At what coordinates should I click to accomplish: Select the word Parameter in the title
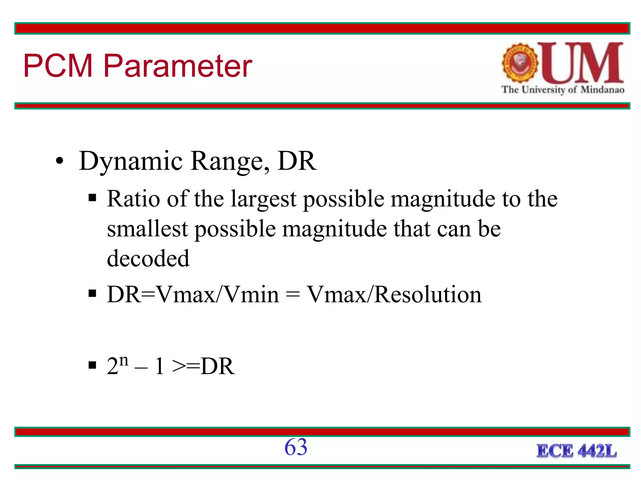(x=177, y=66)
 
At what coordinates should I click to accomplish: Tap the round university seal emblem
(x=520, y=63)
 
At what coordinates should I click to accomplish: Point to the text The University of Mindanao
(x=563, y=90)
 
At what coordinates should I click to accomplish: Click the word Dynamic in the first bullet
(x=131, y=161)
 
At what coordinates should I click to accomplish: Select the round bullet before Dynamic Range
(x=59, y=162)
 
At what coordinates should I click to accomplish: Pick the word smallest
(x=147, y=229)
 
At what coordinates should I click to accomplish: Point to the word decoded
(x=148, y=258)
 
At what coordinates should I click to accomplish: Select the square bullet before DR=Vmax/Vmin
(x=92, y=294)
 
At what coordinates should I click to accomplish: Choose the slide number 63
(x=296, y=447)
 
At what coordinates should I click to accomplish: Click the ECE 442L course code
(x=577, y=451)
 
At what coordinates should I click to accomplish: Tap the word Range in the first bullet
(x=230, y=161)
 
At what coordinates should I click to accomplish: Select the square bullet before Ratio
(x=92, y=198)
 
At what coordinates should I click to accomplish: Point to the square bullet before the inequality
(x=92, y=365)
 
